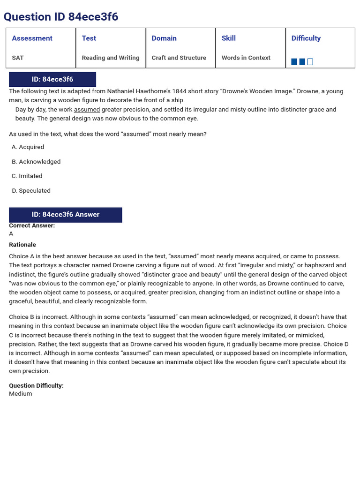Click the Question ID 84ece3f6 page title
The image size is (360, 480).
tap(61, 17)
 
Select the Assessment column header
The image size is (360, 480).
tap(32, 38)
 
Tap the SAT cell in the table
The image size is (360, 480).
tap(18, 58)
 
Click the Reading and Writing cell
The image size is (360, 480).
tap(110, 58)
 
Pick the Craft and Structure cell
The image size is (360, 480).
tap(179, 58)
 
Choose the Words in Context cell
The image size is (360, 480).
tap(246, 58)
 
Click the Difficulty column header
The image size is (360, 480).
tap(306, 38)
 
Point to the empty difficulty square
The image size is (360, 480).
tap(310, 62)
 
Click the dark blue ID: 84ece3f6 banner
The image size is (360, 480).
tap(52, 79)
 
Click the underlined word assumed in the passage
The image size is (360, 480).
tap(87, 110)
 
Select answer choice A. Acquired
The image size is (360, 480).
tap(28, 147)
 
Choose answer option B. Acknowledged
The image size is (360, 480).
tap(36, 162)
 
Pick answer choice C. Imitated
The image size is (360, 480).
tap(27, 176)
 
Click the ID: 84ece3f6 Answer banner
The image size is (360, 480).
tap(66, 215)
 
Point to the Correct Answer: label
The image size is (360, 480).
tap(32, 225)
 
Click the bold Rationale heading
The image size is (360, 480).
tap(22, 245)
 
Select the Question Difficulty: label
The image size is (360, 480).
tap(36, 386)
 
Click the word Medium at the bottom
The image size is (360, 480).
tap(21, 394)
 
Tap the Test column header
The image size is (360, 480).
tap(89, 38)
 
